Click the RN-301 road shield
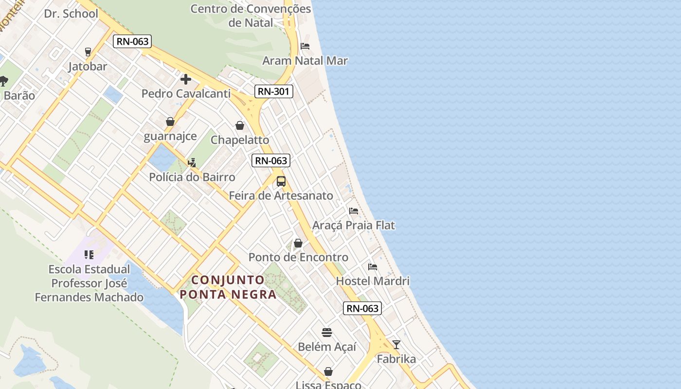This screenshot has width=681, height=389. (x=273, y=91)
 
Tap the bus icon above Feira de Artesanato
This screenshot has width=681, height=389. (x=281, y=181)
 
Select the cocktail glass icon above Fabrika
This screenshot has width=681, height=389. (x=396, y=345)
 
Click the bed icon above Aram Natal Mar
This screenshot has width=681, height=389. (x=305, y=46)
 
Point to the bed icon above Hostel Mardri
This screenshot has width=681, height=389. (x=373, y=267)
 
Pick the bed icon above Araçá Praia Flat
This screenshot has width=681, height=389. (x=354, y=211)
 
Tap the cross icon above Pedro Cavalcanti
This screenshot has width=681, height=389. (x=186, y=79)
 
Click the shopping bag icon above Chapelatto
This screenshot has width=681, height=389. (x=240, y=125)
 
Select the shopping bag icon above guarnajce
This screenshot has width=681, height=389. (x=170, y=122)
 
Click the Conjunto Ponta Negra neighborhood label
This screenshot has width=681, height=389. (x=228, y=287)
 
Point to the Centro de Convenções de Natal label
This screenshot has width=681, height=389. (x=251, y=16)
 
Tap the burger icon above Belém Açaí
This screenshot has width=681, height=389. (x=327, y=333)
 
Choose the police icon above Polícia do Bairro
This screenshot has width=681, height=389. (x=192, y=163)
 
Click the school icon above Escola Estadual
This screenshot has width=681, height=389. (x=89, y=255)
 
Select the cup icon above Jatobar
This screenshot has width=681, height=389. (x=88, y=52)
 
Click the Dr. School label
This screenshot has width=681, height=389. (x=71, y=14)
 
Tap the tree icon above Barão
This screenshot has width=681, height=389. (x=3, y=81)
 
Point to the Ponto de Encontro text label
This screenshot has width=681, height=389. (x=298, y=257)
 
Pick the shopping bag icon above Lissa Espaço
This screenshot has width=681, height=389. (x=328, y=371)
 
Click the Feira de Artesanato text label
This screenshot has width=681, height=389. (x=281, y=195)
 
